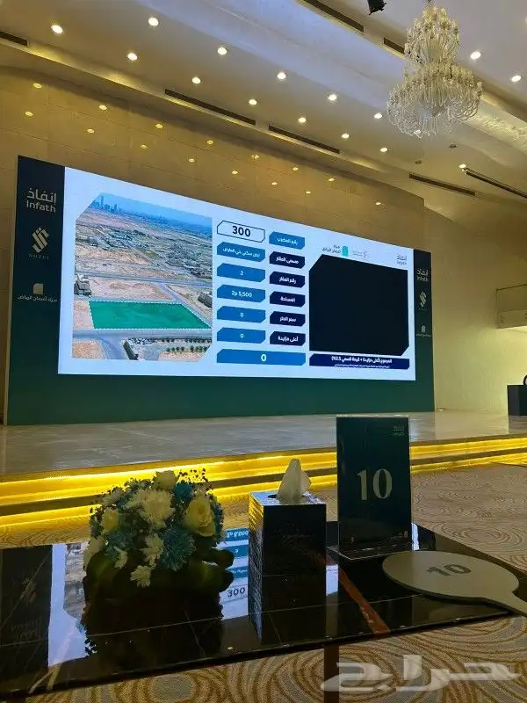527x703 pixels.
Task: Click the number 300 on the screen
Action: point(240,231)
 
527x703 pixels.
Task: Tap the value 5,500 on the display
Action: point(240,294)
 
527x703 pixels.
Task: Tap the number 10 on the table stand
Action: point(373,483)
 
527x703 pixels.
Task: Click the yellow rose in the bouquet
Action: point(199,514)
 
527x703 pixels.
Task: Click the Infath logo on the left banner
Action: point(40,199)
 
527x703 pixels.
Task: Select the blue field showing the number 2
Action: point(241,272)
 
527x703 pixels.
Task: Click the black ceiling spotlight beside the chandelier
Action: point(376,6)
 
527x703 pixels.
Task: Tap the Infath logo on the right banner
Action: point(422,272)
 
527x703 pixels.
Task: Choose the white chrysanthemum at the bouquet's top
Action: point(164,480)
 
